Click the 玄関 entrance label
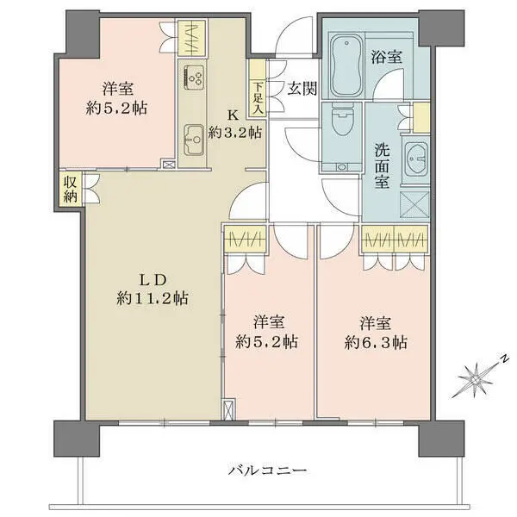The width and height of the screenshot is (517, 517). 302,86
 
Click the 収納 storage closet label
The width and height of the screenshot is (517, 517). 70,190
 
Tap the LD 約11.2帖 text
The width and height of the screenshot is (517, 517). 153,289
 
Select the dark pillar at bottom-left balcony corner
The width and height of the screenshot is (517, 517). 70,440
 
